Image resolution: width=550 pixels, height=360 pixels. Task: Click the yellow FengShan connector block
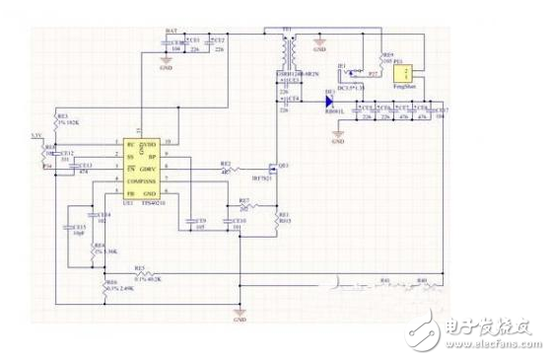pyautogui.click(x=401, y=75)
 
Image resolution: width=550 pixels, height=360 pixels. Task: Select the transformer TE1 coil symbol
pyautogui.click(x=289, y=50)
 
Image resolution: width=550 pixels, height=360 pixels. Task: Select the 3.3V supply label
pyautogui.click(x=36, y=133)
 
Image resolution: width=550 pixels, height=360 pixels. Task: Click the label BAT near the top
pyautogui.click(x=172, y=33)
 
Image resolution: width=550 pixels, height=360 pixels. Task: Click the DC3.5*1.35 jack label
pyautogui.click(x=352, y=88)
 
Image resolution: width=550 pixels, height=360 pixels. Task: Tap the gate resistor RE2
pyautogui.click(x=226, y=169)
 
